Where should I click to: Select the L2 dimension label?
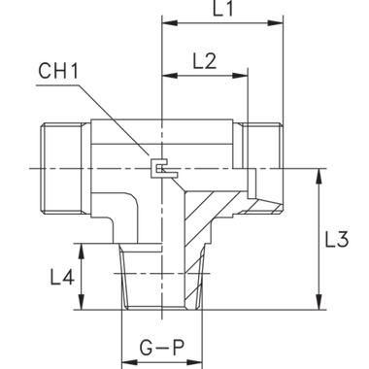(x=205, y=60)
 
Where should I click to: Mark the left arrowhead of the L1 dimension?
(x=166, y=21)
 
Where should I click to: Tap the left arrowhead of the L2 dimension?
(x=166, y=74)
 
